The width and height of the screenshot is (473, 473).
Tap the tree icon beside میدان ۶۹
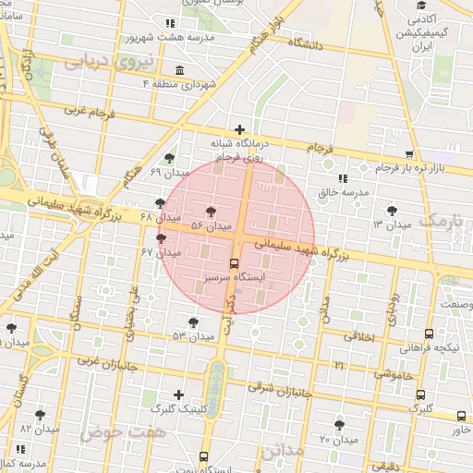tap(168, 159)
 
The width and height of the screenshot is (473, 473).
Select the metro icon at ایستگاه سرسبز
tap(234, 262)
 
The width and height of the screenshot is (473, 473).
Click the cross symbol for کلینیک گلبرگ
tap(178, 394)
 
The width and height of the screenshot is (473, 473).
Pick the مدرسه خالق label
tap(344, 193)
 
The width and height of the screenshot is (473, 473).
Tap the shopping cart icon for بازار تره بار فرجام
tap(409, 155)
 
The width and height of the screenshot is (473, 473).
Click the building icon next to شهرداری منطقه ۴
tap(178, 71)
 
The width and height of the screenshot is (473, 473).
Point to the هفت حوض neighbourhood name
tap(114, 432)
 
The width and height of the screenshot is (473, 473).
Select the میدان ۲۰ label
tap(338, 439)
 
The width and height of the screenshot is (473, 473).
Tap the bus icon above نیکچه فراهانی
tap(429, 334)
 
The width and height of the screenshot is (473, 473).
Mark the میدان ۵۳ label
tap(192, 335)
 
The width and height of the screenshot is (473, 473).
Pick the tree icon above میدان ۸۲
tap(40, 416)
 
